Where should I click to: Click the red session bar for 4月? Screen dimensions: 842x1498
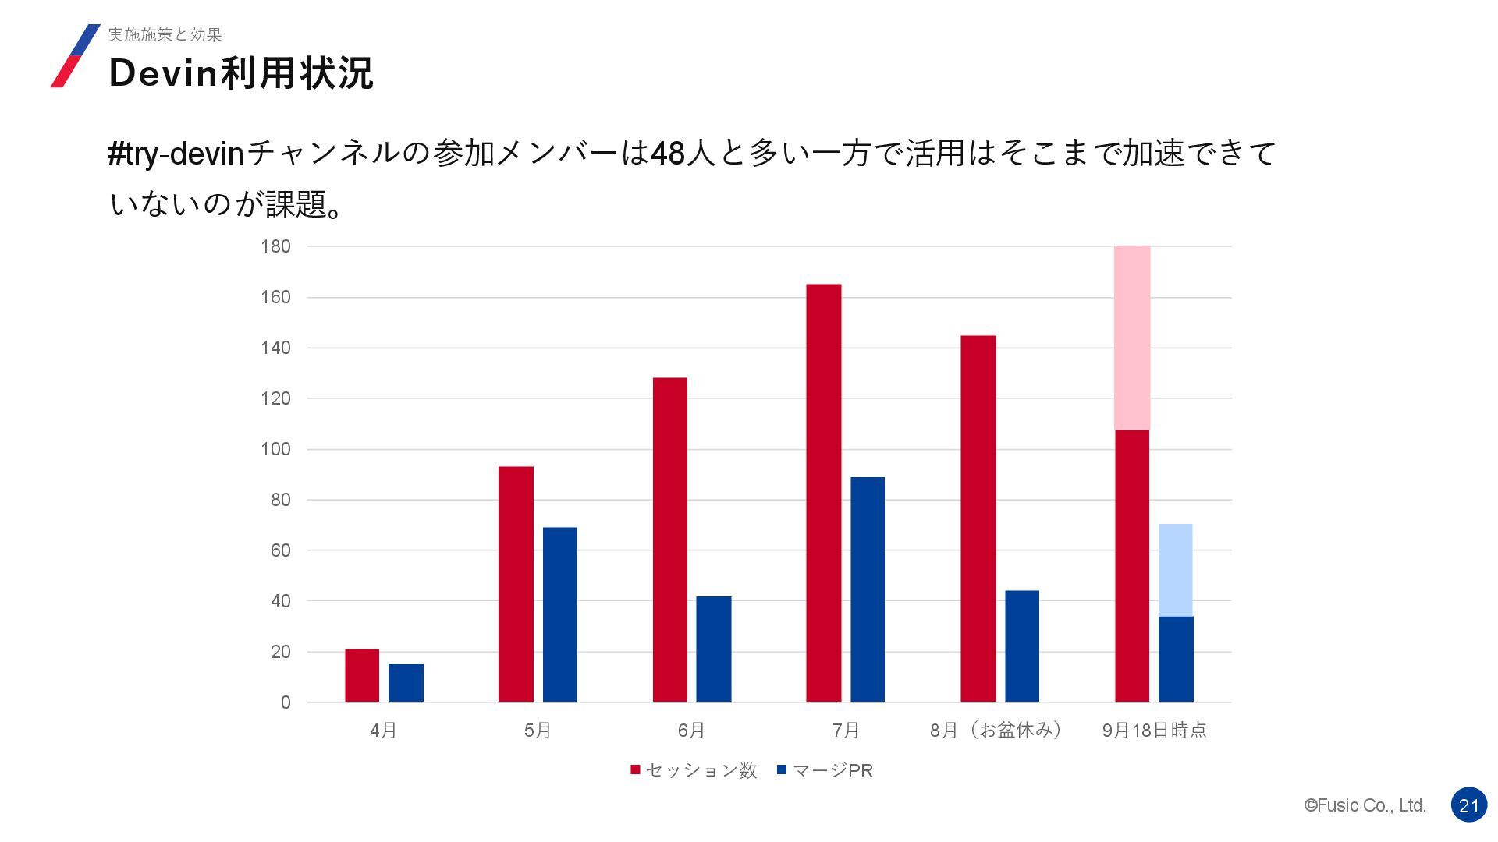[x=362, y=675]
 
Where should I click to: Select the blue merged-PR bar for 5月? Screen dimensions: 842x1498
[x=559, y=614]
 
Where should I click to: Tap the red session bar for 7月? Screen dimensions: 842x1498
[x=823, y=493]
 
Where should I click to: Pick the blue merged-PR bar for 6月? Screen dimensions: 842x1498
[x=713, y=649]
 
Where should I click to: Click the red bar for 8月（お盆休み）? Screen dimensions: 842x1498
[x=978, y=518]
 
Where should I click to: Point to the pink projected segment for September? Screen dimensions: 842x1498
[x=1131, y=338]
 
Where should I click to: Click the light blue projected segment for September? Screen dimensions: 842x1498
[x=1175, y=570]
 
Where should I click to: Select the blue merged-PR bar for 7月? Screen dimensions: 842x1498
[x=867, y=589]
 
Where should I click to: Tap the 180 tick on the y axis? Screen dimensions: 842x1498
[x=275, y=246]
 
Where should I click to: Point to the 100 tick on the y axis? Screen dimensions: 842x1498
[x=275, y=449]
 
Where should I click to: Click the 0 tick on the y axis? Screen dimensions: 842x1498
[x=286, y=702]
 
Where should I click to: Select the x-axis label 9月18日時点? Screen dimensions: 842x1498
[x=1154, y=731]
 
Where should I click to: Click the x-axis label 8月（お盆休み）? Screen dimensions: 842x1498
[x=996, y=731]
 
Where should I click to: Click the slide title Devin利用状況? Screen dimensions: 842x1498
[x=241, y=73]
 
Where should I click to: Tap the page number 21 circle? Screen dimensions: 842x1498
[x=1469, y=805]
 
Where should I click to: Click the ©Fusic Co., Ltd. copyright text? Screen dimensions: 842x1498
[x=1365, y=805]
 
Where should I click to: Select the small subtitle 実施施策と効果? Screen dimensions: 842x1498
[x=165, y=34]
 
